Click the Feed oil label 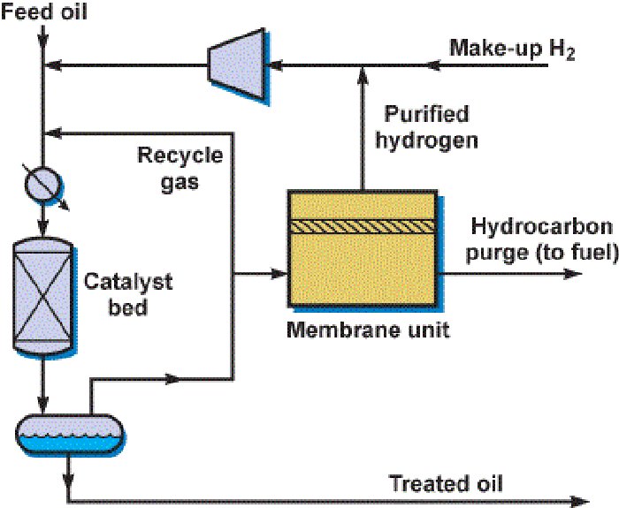[x=38, y=11]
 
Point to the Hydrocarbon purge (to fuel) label [x=542, y=240]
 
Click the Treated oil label [x=446, y=483]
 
